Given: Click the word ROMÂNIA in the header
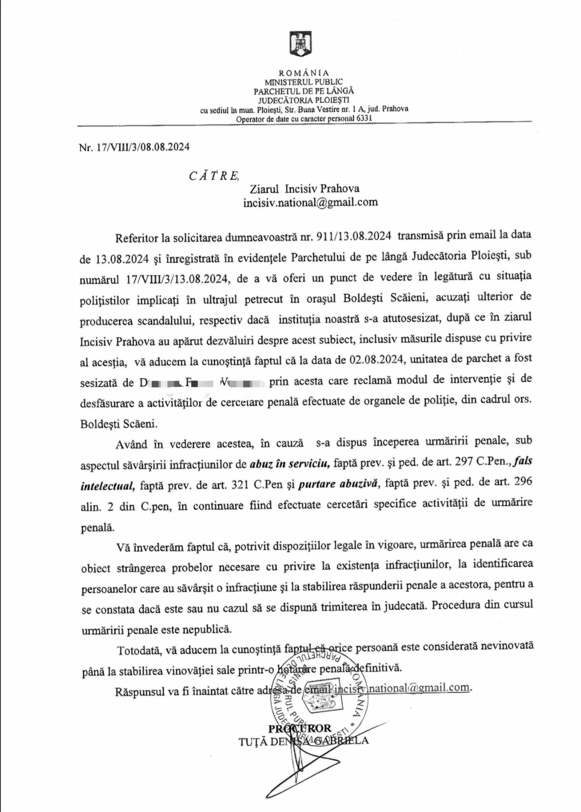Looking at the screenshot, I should point(304,73).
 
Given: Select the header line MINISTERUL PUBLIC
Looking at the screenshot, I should point(304,82).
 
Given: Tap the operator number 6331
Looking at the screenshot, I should point(364,119).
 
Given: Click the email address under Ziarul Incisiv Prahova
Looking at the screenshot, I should point(310,202).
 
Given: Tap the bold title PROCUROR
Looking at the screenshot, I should point(300,728).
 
